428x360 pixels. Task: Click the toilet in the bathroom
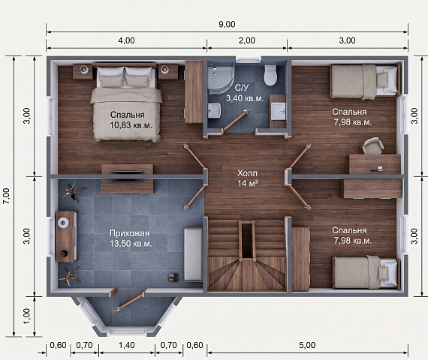tap(270, 74)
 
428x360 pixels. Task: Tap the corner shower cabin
tap(221, 78)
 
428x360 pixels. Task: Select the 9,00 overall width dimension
tap(227, 24)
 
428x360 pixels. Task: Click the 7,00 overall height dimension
tap(7, 196)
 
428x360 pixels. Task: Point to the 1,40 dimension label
tap(127, 345)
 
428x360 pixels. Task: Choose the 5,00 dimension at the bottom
tap(307, 345)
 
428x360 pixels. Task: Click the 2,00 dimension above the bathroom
tap(247, 40)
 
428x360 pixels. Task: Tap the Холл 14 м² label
tap(247, 178)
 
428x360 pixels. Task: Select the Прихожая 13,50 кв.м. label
tap(131, 238)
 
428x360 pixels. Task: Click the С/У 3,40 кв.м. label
tap(245, 93)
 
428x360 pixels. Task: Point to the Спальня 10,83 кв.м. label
tap(131, 120)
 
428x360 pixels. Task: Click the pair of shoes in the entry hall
tap(173, 277)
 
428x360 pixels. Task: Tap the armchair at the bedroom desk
tap(373, 145)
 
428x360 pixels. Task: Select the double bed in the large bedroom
tap(126, 102)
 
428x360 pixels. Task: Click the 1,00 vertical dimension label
tap(27, 316)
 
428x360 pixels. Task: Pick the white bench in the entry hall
tap(193, 255)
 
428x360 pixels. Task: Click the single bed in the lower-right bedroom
tap(366, 272)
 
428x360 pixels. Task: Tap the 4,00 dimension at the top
tap(126, 40)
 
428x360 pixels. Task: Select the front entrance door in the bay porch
tap(130, 302)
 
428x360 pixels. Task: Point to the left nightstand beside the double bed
tap(83, 71)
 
